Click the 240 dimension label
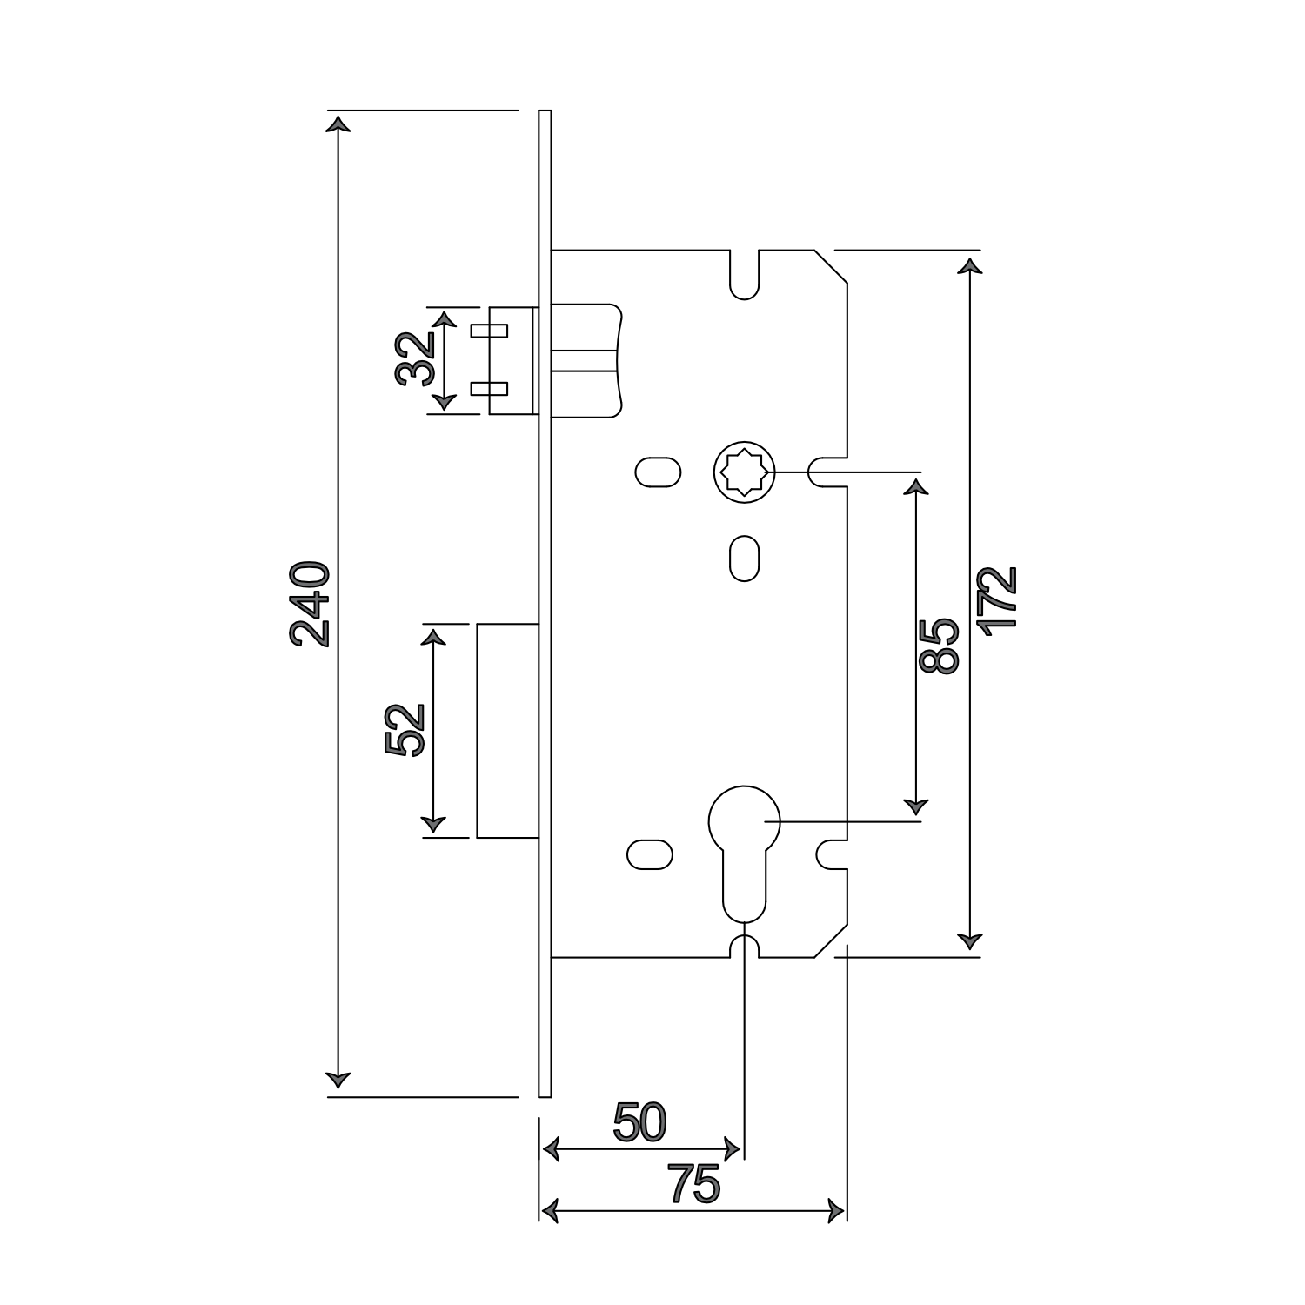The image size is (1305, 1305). click(311, 605)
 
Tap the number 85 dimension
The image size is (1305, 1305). click(939, 646)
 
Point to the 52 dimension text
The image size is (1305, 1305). click(405, 730)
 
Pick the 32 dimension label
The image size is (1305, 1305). click(415, 358)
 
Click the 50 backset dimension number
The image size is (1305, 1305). click(639, 1122)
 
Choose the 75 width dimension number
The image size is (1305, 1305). click(694, 1184)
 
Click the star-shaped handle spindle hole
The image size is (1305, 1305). click(744, 472)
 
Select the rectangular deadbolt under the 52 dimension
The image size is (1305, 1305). click(506, 730)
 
